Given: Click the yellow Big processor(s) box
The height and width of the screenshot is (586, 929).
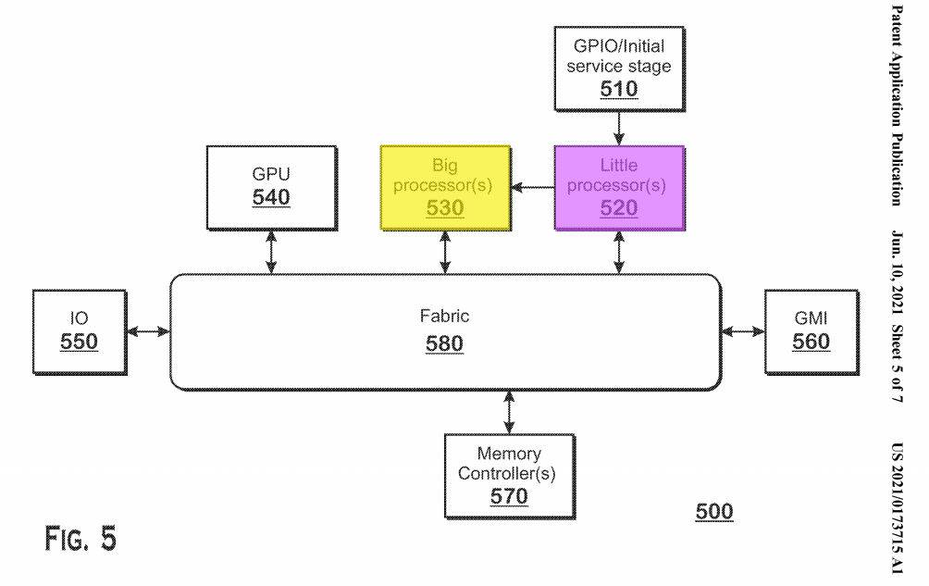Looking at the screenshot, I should [445, 186].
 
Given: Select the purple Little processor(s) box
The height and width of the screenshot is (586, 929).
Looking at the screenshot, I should [618, 186].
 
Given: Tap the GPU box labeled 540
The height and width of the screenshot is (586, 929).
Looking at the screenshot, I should [271, 186].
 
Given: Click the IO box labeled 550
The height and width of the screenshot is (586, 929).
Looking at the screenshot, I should [80, 331].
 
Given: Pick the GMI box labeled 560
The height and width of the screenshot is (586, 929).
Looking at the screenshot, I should [811, 331].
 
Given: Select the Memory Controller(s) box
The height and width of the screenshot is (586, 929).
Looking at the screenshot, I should [509, 475].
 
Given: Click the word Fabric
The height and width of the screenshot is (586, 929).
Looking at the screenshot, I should [444, 317].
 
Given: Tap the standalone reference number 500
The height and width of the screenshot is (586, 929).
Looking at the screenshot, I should [713, 512].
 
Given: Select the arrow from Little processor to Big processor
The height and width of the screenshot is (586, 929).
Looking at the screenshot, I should [532, 187].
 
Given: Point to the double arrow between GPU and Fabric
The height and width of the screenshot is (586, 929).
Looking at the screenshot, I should [271, 252].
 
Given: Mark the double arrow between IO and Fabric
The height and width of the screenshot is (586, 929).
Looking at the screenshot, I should [148, 330].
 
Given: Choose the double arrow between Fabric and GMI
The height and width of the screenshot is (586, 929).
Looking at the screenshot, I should [742, 330].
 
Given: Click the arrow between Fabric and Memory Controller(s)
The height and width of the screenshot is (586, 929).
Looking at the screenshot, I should [509, 410].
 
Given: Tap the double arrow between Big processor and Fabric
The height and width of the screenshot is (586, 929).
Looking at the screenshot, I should [446, 252].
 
